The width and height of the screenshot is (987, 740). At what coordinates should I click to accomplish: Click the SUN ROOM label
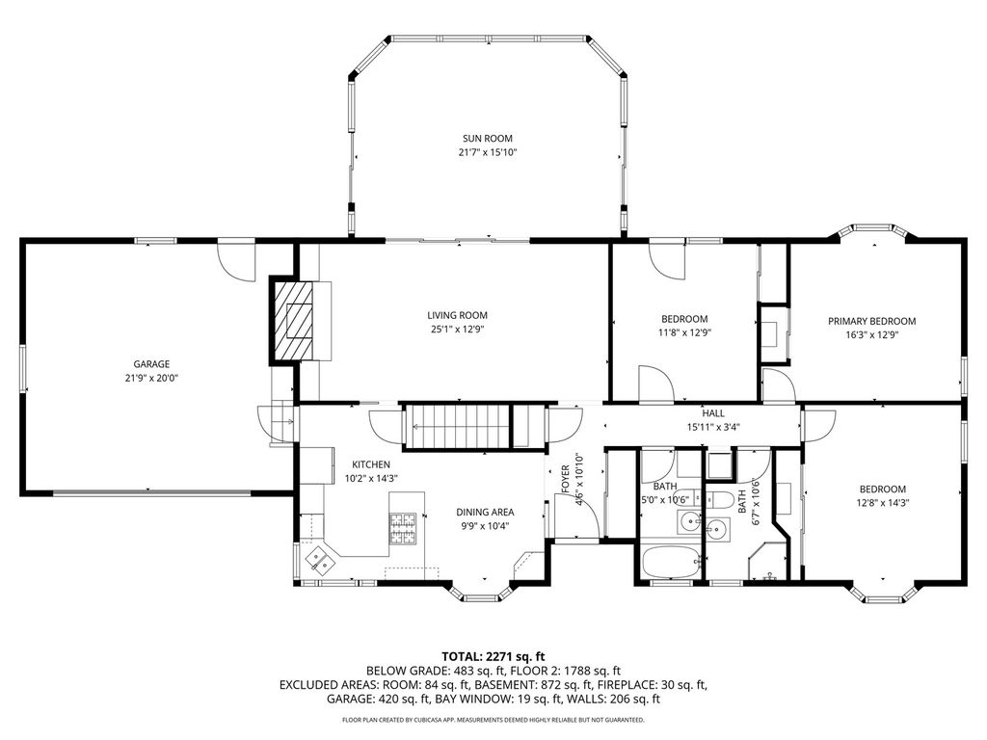487,139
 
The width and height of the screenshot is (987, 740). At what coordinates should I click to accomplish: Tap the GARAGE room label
151,364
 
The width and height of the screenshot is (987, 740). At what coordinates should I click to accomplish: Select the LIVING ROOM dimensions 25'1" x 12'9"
457,330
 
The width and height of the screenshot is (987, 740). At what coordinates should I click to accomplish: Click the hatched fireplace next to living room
293,320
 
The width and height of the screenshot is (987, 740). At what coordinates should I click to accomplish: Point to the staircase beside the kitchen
456,426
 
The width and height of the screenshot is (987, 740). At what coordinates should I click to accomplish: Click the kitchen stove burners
403,529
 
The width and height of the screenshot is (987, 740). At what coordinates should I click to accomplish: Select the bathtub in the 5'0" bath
671,562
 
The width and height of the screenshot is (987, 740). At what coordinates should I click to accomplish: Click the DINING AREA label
485,513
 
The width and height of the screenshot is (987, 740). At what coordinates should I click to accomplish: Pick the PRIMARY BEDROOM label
871,321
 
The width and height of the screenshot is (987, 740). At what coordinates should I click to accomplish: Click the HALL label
713,413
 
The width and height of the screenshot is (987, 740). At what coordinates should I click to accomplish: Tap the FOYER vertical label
565,480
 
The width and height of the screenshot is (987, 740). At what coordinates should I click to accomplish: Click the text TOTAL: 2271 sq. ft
493,657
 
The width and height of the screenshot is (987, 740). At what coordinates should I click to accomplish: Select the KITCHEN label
371,464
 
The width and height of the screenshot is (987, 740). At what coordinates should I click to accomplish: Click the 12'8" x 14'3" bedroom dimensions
883,503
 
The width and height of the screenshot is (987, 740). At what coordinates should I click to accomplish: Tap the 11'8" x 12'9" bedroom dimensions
684,332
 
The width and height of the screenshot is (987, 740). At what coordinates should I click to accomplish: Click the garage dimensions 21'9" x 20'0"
151,378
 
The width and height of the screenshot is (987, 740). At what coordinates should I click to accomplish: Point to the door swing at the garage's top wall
236,260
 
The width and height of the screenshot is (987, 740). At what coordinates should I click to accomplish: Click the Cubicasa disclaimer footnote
493,719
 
